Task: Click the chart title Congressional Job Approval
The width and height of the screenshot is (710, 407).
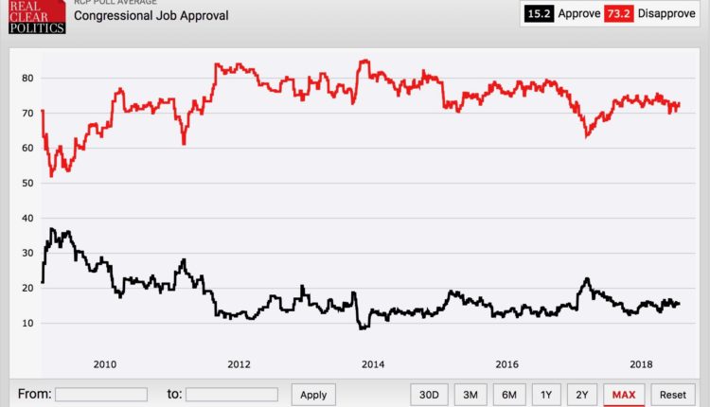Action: pyautogui.click(x=151, y=16)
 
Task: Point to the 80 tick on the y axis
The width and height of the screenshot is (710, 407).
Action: pyautogui.click(x=27, y=78)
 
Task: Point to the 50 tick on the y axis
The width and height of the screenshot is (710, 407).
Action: pyautogui.click(x=27, y=183)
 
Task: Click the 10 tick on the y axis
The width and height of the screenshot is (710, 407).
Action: pyautogui.click(x=27, y=323)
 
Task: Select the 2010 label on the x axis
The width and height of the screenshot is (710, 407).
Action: pyautogui.click(x=104, y=363)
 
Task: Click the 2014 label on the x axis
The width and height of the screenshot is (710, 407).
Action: pyautogui.click(x=373, y=363)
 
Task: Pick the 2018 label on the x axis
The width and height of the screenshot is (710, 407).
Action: pyautogui.click(x=642, y=363)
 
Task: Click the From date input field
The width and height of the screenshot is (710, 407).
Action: pyautogui.click(x=100, y=395)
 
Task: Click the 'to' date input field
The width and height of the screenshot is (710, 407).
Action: pyautogui.click(x=231, y=395)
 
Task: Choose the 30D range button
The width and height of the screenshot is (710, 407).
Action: pyautogui.click(x=429, y=395)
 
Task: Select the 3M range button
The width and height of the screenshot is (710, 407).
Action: pyautogui.click(x=470, y=395)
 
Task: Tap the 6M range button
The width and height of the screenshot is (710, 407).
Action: pyautogui.click(x=508, y=395)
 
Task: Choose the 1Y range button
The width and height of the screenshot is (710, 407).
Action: pyautogui.click(x=546, y=395)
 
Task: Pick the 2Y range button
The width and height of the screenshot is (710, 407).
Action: pyautogui.click(x=582, y=395)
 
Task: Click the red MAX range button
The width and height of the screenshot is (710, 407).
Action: pyautogui.click(x=624, y=395)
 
